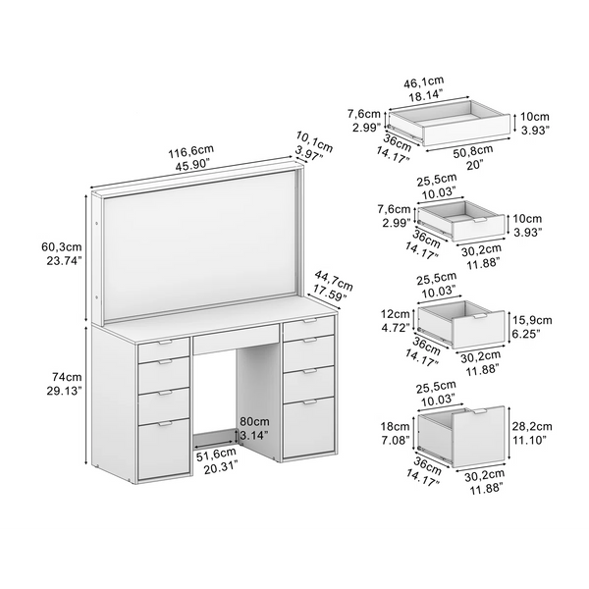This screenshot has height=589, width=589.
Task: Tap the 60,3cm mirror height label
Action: [x=62, y=247]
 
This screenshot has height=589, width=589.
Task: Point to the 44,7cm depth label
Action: [x=334, y=281]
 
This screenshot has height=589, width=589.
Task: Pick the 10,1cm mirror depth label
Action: [x=315, y=141]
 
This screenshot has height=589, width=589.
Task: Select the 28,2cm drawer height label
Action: [x=532, y=426]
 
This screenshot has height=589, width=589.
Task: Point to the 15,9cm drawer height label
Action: [x=532, y=320]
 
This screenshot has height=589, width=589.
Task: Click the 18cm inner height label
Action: [x=395, y=426]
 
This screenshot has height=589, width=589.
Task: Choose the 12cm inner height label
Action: [x=395, y=314]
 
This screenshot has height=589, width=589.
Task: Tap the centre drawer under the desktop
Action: [x=236, y=340]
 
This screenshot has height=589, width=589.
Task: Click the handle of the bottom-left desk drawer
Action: [x=165, y=424]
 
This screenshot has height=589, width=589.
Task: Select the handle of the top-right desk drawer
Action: [x=310, y=321]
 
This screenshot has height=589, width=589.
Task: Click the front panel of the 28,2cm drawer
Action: [x=478, y=437]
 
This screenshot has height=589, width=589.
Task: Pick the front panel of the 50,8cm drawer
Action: [x=467, y=130]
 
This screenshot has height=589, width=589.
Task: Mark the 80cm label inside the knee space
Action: [x=254, y=422]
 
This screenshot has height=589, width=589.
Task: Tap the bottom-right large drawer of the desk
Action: [x=308, y=427]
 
